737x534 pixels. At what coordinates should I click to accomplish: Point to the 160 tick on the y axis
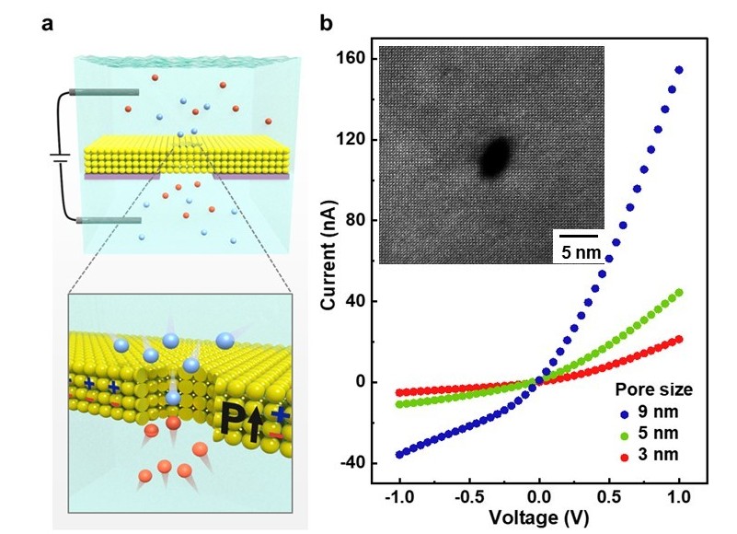(x=354, y=59)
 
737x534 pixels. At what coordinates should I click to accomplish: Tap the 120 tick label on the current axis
(x=354, y=140)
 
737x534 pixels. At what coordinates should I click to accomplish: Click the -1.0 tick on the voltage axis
(x=397, y=498)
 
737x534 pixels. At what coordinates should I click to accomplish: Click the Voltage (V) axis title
(x=539, y=517)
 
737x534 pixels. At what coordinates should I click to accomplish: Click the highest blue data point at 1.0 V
(x=680, y=70)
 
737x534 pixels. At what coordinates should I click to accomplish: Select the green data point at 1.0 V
(x=679, y=293)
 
